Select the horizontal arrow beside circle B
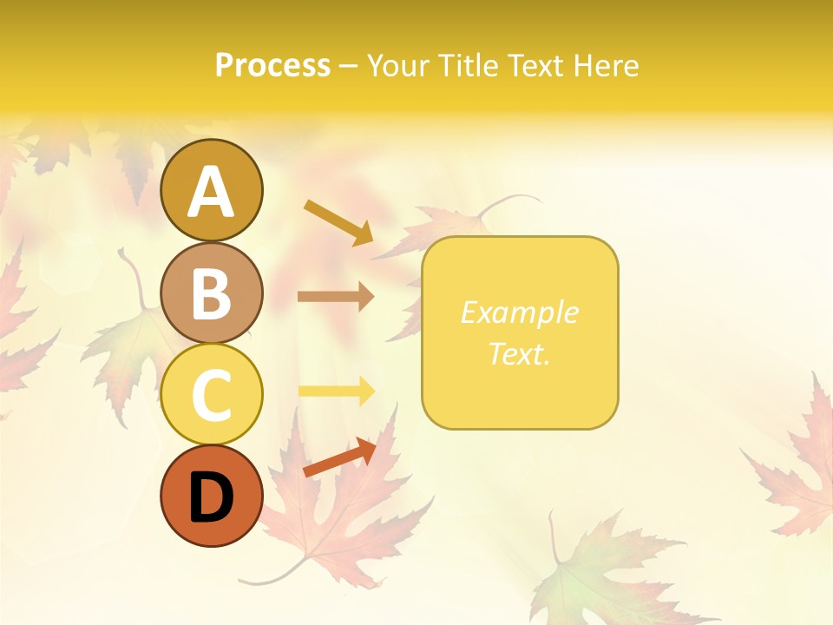tap(336, 296)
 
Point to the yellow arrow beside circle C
tap(336, 391)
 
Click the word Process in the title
tap(272, 66)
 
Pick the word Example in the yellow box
tap(519, 312)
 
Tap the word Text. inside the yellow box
tap(519, 354)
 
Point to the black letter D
tap(211, 497)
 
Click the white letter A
tap(211, 192)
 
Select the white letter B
tap(211, 293)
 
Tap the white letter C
tap(211, 395)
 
